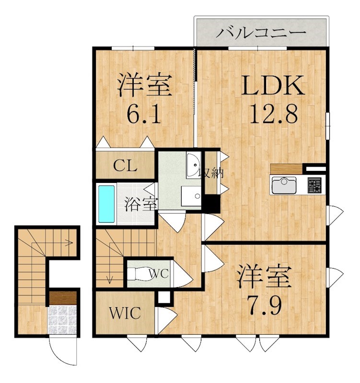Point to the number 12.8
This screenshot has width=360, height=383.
coord(273,114)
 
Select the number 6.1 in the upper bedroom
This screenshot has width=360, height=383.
coord(143,114)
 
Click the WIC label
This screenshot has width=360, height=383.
coord(124,314)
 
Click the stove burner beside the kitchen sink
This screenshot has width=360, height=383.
coord(314,185)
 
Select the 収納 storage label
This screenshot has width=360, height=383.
coord(211,172)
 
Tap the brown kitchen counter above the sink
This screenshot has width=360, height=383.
coord(286,169)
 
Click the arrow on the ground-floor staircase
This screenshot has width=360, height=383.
coord(70,243)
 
